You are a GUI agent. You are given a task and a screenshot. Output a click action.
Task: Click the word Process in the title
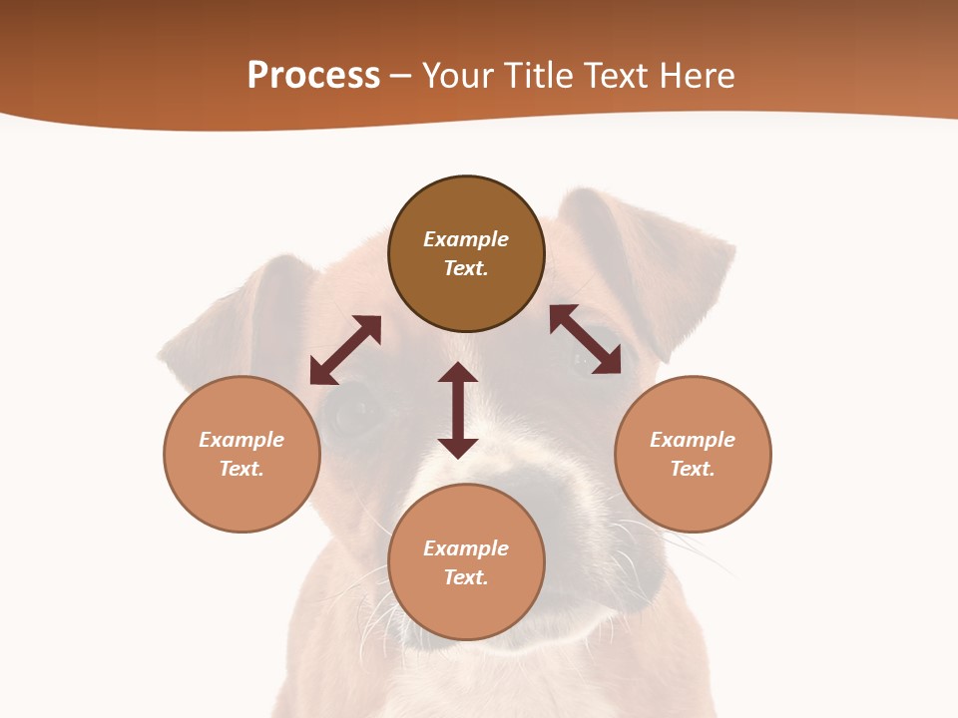tap(313, 76)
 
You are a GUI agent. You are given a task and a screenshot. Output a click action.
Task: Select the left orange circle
tap(241, 499)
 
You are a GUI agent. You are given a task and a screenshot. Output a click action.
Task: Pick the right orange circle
tap(693, 499)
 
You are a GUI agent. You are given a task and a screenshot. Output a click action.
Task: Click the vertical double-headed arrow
tap(458, 410)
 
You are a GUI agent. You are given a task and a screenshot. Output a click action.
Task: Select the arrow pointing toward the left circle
tap(345, 350)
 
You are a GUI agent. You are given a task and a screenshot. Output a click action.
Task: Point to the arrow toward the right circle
tap(585, 340)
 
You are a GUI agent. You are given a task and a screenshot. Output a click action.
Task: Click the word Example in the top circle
tap(466, 239)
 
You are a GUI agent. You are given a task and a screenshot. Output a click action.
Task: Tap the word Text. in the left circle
tap(241, 469)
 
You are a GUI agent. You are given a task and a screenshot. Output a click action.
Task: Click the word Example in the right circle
tap(693, 440)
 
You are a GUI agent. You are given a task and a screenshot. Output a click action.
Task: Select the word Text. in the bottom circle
tap(466, 577)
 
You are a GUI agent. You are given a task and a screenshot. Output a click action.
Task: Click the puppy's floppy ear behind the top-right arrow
tap(659, 259)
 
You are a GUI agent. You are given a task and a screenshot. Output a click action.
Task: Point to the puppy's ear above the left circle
tap(239, 319)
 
